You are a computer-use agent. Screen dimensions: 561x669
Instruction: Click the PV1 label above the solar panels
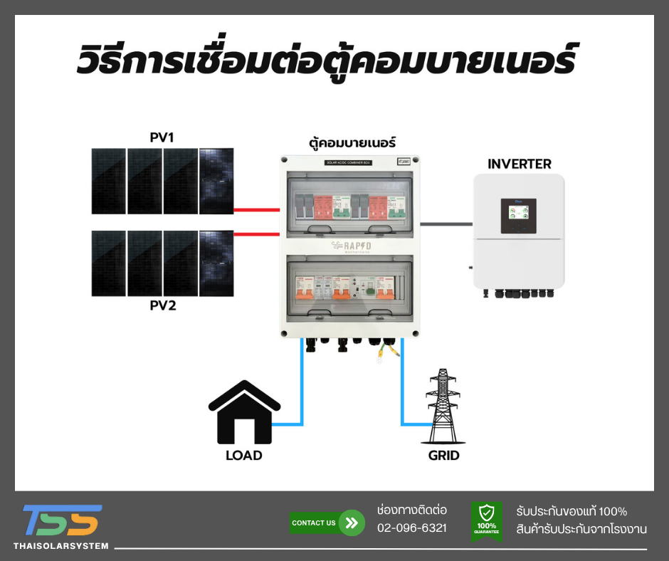(162, 137)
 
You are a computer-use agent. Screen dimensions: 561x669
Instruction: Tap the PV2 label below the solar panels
(162, 306)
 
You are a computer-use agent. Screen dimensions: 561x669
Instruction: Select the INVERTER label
(519, 164)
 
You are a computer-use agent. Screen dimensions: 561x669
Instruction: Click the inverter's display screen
(518, 216)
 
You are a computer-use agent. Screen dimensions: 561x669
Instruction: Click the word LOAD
(244, 455)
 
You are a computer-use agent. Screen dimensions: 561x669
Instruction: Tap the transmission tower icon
(443, 407)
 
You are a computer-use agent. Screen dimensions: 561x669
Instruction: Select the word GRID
(443, 455)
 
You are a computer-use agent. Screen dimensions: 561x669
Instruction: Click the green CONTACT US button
(314, 523)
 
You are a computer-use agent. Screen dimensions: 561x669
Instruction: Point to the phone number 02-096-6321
(412, 528)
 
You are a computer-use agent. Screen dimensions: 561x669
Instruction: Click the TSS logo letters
(62, 520)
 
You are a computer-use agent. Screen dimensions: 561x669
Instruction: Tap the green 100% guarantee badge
(487, 520)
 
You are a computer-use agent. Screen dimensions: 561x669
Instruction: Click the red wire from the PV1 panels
(256, 210)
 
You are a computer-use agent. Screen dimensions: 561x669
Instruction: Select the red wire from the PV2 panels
(256, 234)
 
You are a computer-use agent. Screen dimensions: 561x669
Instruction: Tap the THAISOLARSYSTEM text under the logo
(61, 546)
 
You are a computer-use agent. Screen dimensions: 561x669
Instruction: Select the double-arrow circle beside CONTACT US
(351, 523)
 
